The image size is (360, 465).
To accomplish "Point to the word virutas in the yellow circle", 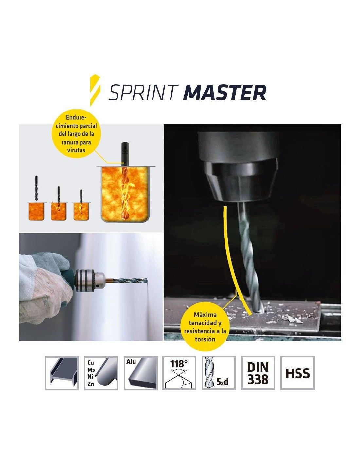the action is point(76,150).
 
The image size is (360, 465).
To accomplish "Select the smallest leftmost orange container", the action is point(36,211).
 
